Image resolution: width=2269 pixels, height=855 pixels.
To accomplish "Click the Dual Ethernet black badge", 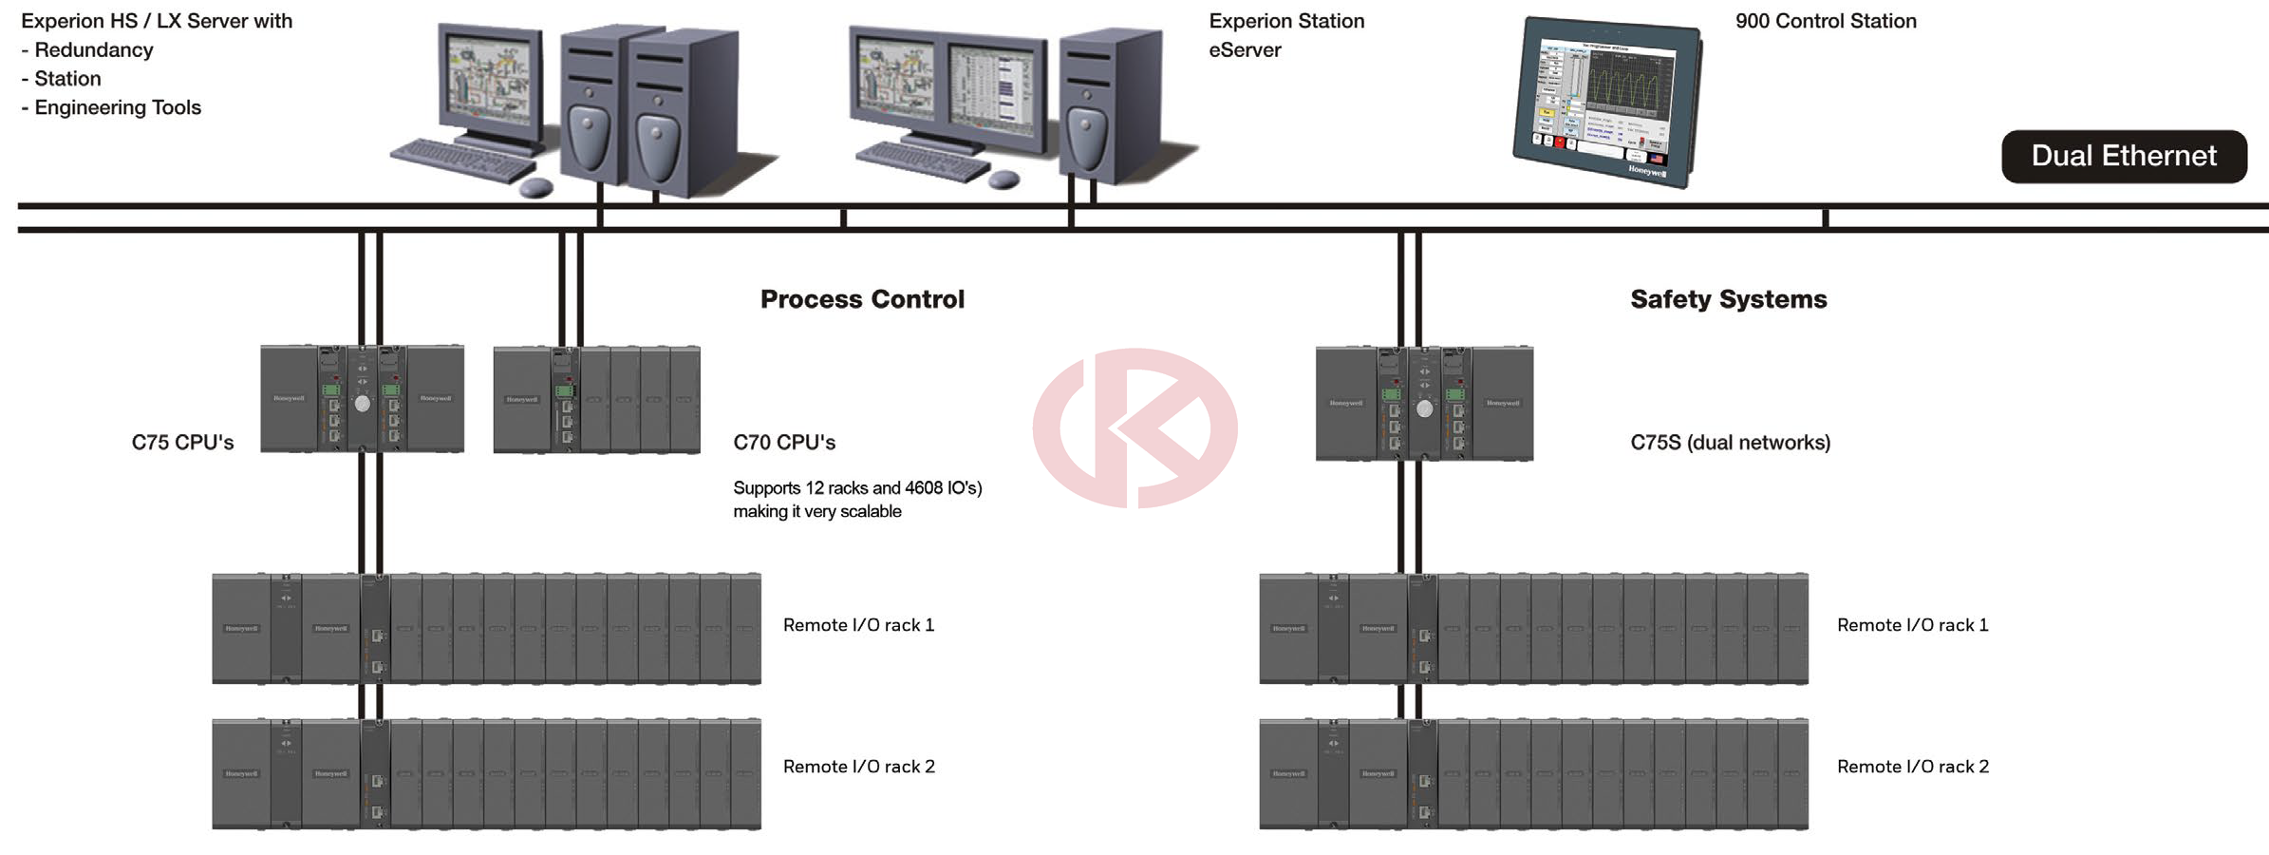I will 2124,156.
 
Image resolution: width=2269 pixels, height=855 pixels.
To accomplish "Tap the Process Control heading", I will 862,299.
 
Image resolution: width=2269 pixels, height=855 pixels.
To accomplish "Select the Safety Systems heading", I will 1728,299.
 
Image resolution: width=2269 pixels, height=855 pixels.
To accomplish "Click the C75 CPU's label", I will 182,442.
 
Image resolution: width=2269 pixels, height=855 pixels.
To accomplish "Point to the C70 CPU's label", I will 784,442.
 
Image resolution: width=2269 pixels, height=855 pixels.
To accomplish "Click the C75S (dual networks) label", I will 1730,442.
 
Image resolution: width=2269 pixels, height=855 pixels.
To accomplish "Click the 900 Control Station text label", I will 1826,21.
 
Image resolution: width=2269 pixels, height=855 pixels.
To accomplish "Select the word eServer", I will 1245,49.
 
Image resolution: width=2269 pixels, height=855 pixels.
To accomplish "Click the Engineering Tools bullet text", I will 117,107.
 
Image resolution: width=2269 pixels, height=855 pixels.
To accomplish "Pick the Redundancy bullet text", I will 93,49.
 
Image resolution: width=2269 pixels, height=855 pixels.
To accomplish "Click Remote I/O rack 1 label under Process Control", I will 858,625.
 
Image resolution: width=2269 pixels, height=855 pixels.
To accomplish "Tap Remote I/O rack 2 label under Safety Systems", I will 1912,767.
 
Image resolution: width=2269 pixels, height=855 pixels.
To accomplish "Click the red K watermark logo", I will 1134,427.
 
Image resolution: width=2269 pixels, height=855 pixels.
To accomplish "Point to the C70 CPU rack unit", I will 596,399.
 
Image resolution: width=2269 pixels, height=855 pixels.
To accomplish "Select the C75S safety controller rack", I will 1424,404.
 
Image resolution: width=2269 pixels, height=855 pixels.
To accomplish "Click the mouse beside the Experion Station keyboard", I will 1003,179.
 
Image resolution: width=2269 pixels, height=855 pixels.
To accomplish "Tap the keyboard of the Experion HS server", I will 462,160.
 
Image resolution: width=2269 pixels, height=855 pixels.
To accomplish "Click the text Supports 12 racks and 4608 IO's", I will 857,488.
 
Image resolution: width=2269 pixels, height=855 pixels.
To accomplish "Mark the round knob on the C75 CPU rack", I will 363,404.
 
